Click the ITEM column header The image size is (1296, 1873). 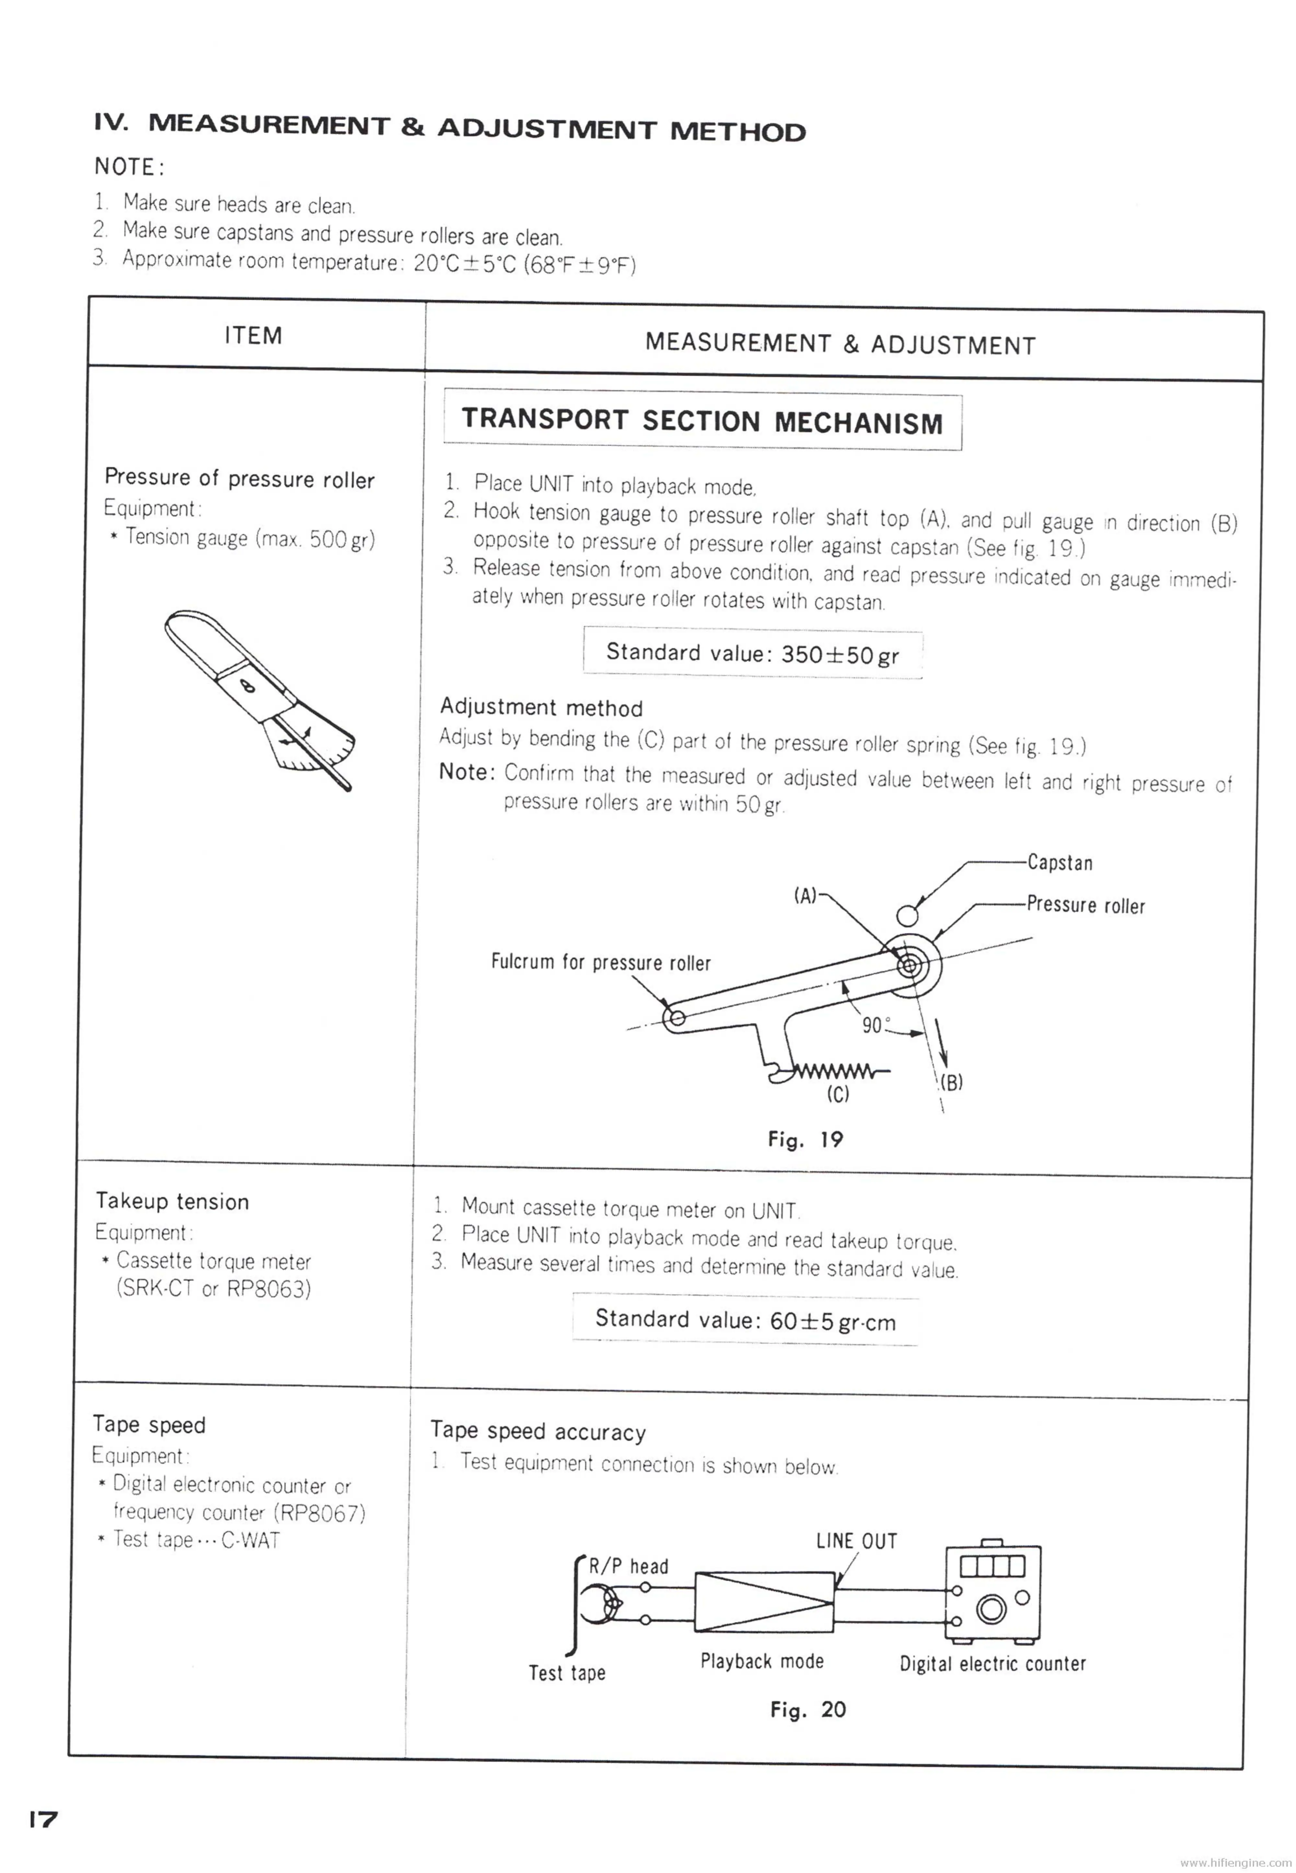click(x=253, y=335)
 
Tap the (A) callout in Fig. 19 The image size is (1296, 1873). click(x=805, y=896)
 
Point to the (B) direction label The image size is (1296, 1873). click(x=952, y=1082)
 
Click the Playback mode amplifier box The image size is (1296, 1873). click(x=764, y=1602)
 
